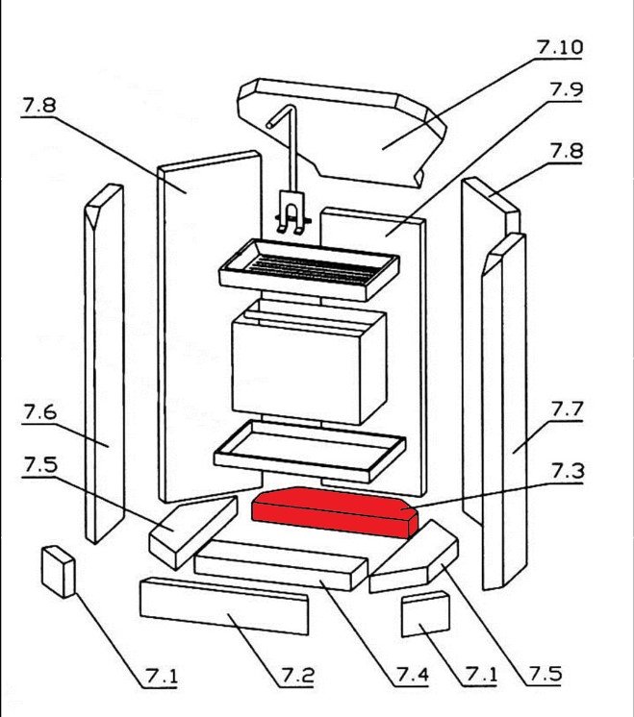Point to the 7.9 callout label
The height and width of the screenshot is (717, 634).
coord(566,89)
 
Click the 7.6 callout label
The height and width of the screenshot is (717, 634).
coord(38,413)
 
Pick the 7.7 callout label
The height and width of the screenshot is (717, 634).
coord(567,408)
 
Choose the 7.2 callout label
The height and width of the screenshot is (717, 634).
coord(297,676)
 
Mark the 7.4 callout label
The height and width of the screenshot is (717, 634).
coord(412,676)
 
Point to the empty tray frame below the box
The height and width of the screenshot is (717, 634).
coord(308,450)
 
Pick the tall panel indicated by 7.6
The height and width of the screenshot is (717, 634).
coord(103,365)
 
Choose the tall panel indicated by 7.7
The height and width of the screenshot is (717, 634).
coord(505,413)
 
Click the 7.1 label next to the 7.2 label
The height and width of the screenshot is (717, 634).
coord(162,677)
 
